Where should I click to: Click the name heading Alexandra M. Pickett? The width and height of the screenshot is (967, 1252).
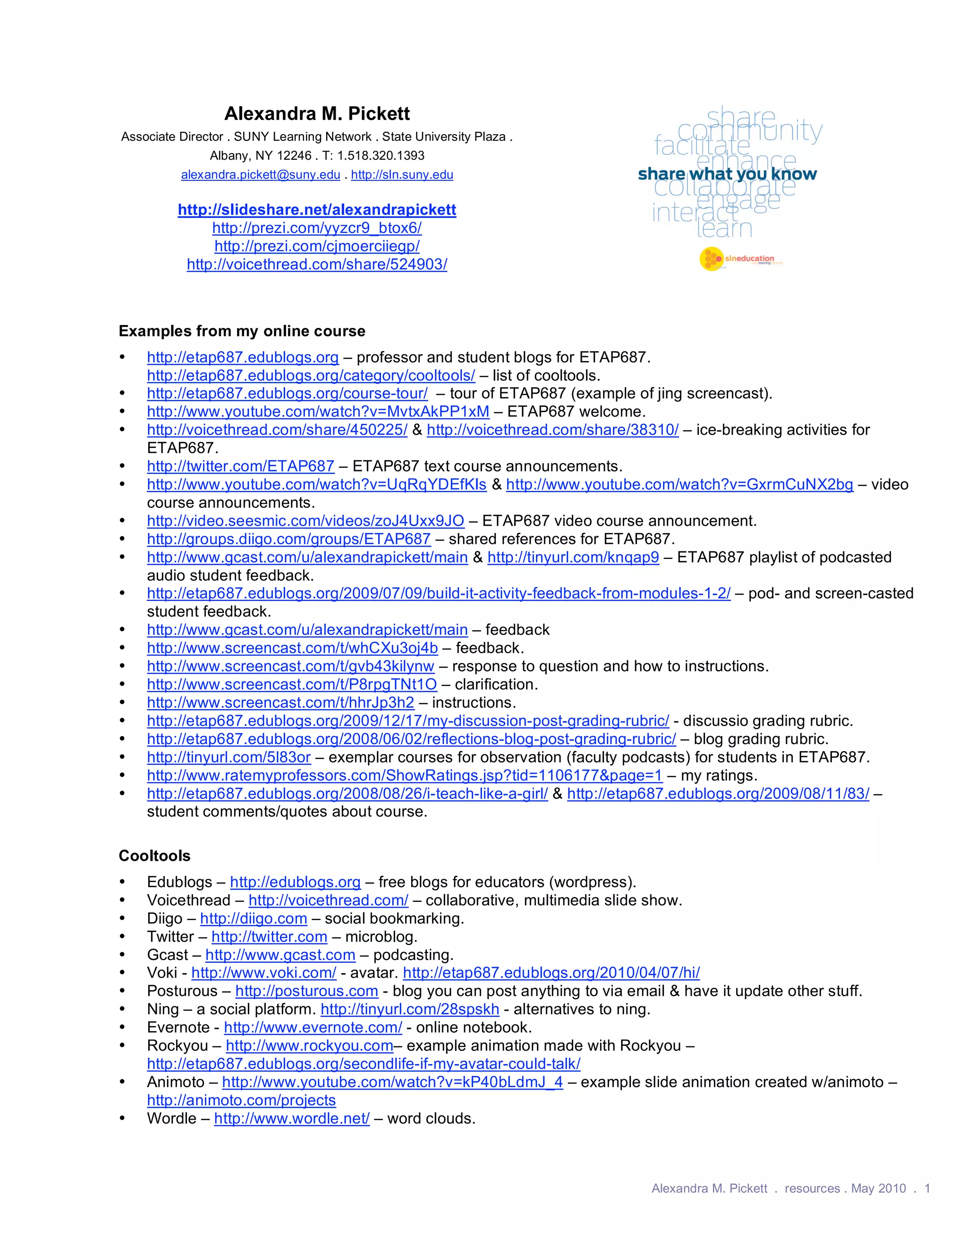[317, 113]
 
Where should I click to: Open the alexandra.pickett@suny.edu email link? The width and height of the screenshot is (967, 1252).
[261, 175]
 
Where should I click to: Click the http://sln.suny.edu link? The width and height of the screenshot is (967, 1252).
[402, 175]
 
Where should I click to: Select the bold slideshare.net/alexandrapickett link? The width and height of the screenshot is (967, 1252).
[317, 210]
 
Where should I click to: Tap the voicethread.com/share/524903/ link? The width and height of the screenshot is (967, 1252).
[317, 264]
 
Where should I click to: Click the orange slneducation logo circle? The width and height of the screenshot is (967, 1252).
[711, 259]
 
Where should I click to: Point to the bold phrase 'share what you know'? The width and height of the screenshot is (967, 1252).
[727, 174]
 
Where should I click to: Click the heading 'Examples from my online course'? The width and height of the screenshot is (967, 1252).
[242, 331]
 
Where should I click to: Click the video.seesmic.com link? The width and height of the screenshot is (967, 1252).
[305, 521]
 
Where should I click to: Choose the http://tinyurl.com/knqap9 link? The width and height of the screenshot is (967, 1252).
[573, 557]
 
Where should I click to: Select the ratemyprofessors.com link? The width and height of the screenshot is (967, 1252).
[405, 776]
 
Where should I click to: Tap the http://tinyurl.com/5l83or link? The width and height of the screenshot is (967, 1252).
[229, 757]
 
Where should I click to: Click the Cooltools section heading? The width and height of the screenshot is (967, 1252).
[155, 856]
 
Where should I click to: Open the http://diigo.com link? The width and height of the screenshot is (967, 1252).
[253, 918]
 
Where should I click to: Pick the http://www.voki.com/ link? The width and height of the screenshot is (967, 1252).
[263, 973]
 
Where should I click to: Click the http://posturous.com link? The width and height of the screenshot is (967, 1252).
[306, 991]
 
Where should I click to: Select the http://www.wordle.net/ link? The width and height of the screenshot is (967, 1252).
[292, 1118]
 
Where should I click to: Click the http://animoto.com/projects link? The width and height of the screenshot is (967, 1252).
[241, 1100]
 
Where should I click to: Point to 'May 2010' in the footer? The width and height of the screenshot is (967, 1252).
[878, 1188]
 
